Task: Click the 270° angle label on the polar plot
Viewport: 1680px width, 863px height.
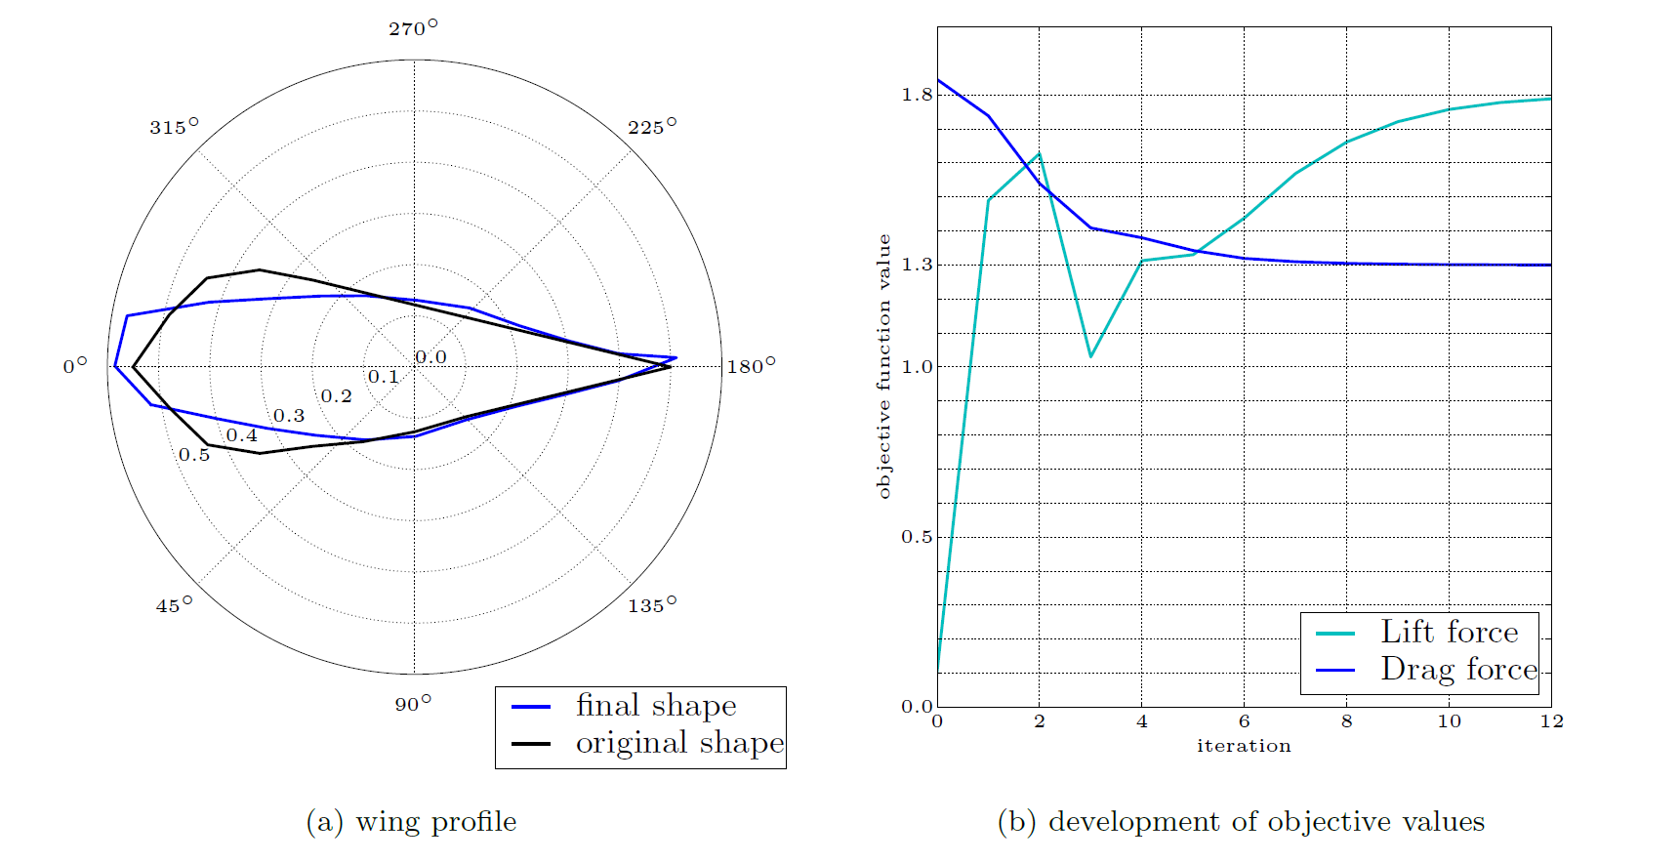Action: [413, 28]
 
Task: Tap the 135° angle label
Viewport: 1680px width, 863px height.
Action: [651, 605]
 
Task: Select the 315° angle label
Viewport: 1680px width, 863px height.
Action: [174, 127]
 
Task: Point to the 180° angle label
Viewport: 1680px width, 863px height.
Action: [751, 366]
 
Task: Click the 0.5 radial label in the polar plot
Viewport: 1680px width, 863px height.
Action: [194, 455]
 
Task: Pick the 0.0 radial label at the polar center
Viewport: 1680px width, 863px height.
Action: [430, 357]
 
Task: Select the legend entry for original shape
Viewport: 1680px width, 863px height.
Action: [679, 743]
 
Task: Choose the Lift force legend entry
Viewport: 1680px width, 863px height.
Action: [1449, 633]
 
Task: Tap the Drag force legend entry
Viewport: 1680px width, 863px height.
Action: [1458, 670]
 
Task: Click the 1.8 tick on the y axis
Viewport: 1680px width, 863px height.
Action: [917, 95]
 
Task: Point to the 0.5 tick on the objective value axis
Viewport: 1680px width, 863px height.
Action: [917, 537]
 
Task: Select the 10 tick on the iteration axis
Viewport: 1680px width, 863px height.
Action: [1449, 721]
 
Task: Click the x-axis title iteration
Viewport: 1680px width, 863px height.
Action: [1244, 746]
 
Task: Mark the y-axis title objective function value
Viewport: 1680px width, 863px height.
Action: [884, 366]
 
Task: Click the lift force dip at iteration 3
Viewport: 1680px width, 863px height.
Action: [1090, 356]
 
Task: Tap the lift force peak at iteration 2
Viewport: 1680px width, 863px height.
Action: [1040, 153]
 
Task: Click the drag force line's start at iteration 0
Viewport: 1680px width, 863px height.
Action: [938, 80]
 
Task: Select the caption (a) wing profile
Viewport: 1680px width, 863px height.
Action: [411, 822]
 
